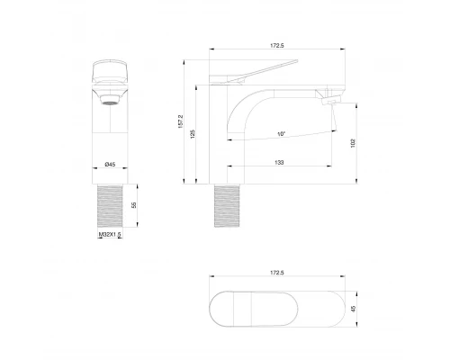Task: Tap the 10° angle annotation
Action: click(x=282, y=134)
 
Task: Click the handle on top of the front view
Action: click(x=111, y=72)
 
